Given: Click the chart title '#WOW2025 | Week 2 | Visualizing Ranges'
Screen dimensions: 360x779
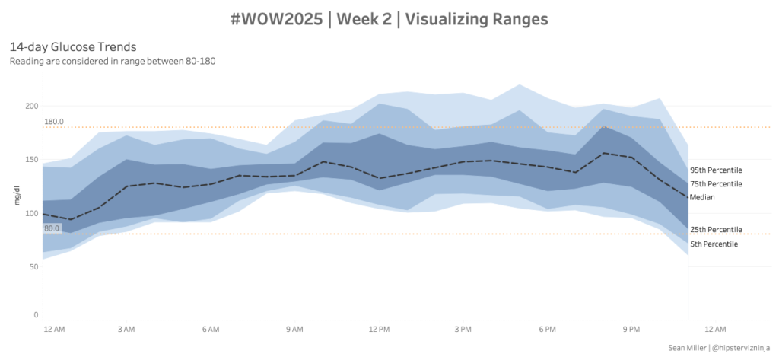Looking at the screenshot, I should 389,19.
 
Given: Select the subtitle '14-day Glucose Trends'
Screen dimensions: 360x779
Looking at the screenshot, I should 73,46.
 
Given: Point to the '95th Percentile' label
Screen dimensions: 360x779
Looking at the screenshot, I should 715,170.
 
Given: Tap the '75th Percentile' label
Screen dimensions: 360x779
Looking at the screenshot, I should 715,184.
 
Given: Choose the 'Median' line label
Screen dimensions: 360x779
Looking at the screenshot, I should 701,197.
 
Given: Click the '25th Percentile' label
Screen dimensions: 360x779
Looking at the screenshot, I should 715,229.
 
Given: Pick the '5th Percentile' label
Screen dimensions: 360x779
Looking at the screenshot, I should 713,244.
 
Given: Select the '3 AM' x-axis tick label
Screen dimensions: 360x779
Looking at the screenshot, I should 126,329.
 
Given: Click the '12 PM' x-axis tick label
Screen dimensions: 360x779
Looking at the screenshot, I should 379,329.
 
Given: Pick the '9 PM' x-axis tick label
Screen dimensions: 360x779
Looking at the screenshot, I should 631,329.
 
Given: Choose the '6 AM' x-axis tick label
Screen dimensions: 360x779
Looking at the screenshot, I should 211,329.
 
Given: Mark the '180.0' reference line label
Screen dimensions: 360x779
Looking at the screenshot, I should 54,122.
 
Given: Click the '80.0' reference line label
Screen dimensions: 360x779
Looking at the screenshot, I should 52,228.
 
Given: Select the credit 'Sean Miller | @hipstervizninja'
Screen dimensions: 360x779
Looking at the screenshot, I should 718,348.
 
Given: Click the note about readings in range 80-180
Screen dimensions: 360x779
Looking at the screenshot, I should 113,61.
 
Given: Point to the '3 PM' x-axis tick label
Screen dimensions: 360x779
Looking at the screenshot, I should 463,329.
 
